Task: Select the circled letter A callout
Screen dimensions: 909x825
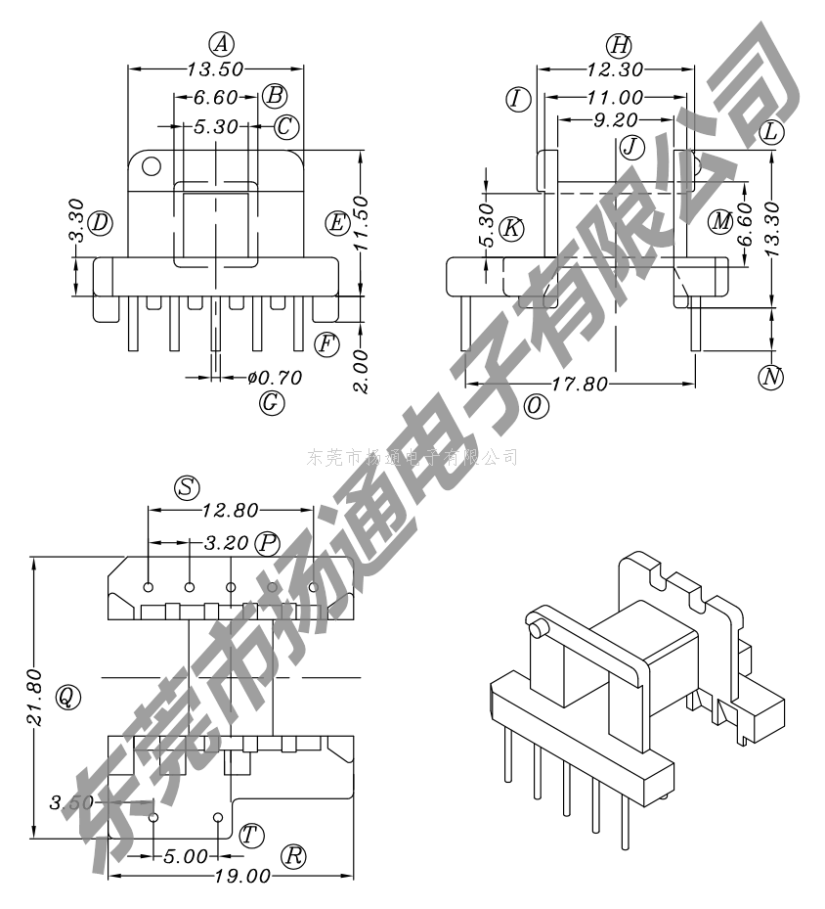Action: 222,43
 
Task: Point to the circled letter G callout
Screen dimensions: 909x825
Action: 272,401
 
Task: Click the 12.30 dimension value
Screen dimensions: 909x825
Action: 617,69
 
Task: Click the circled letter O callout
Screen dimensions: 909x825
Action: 535,407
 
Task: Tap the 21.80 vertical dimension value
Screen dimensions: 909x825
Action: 34,697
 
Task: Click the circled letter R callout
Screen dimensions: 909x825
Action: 293,854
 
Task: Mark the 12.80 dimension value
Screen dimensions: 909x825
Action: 231,509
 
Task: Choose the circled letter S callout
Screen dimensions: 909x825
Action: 187,487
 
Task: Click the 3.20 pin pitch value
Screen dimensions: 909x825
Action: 228,542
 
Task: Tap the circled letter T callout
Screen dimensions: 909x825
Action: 251,834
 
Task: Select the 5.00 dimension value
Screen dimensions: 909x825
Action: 185,856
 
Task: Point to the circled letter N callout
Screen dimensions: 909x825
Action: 772,376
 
